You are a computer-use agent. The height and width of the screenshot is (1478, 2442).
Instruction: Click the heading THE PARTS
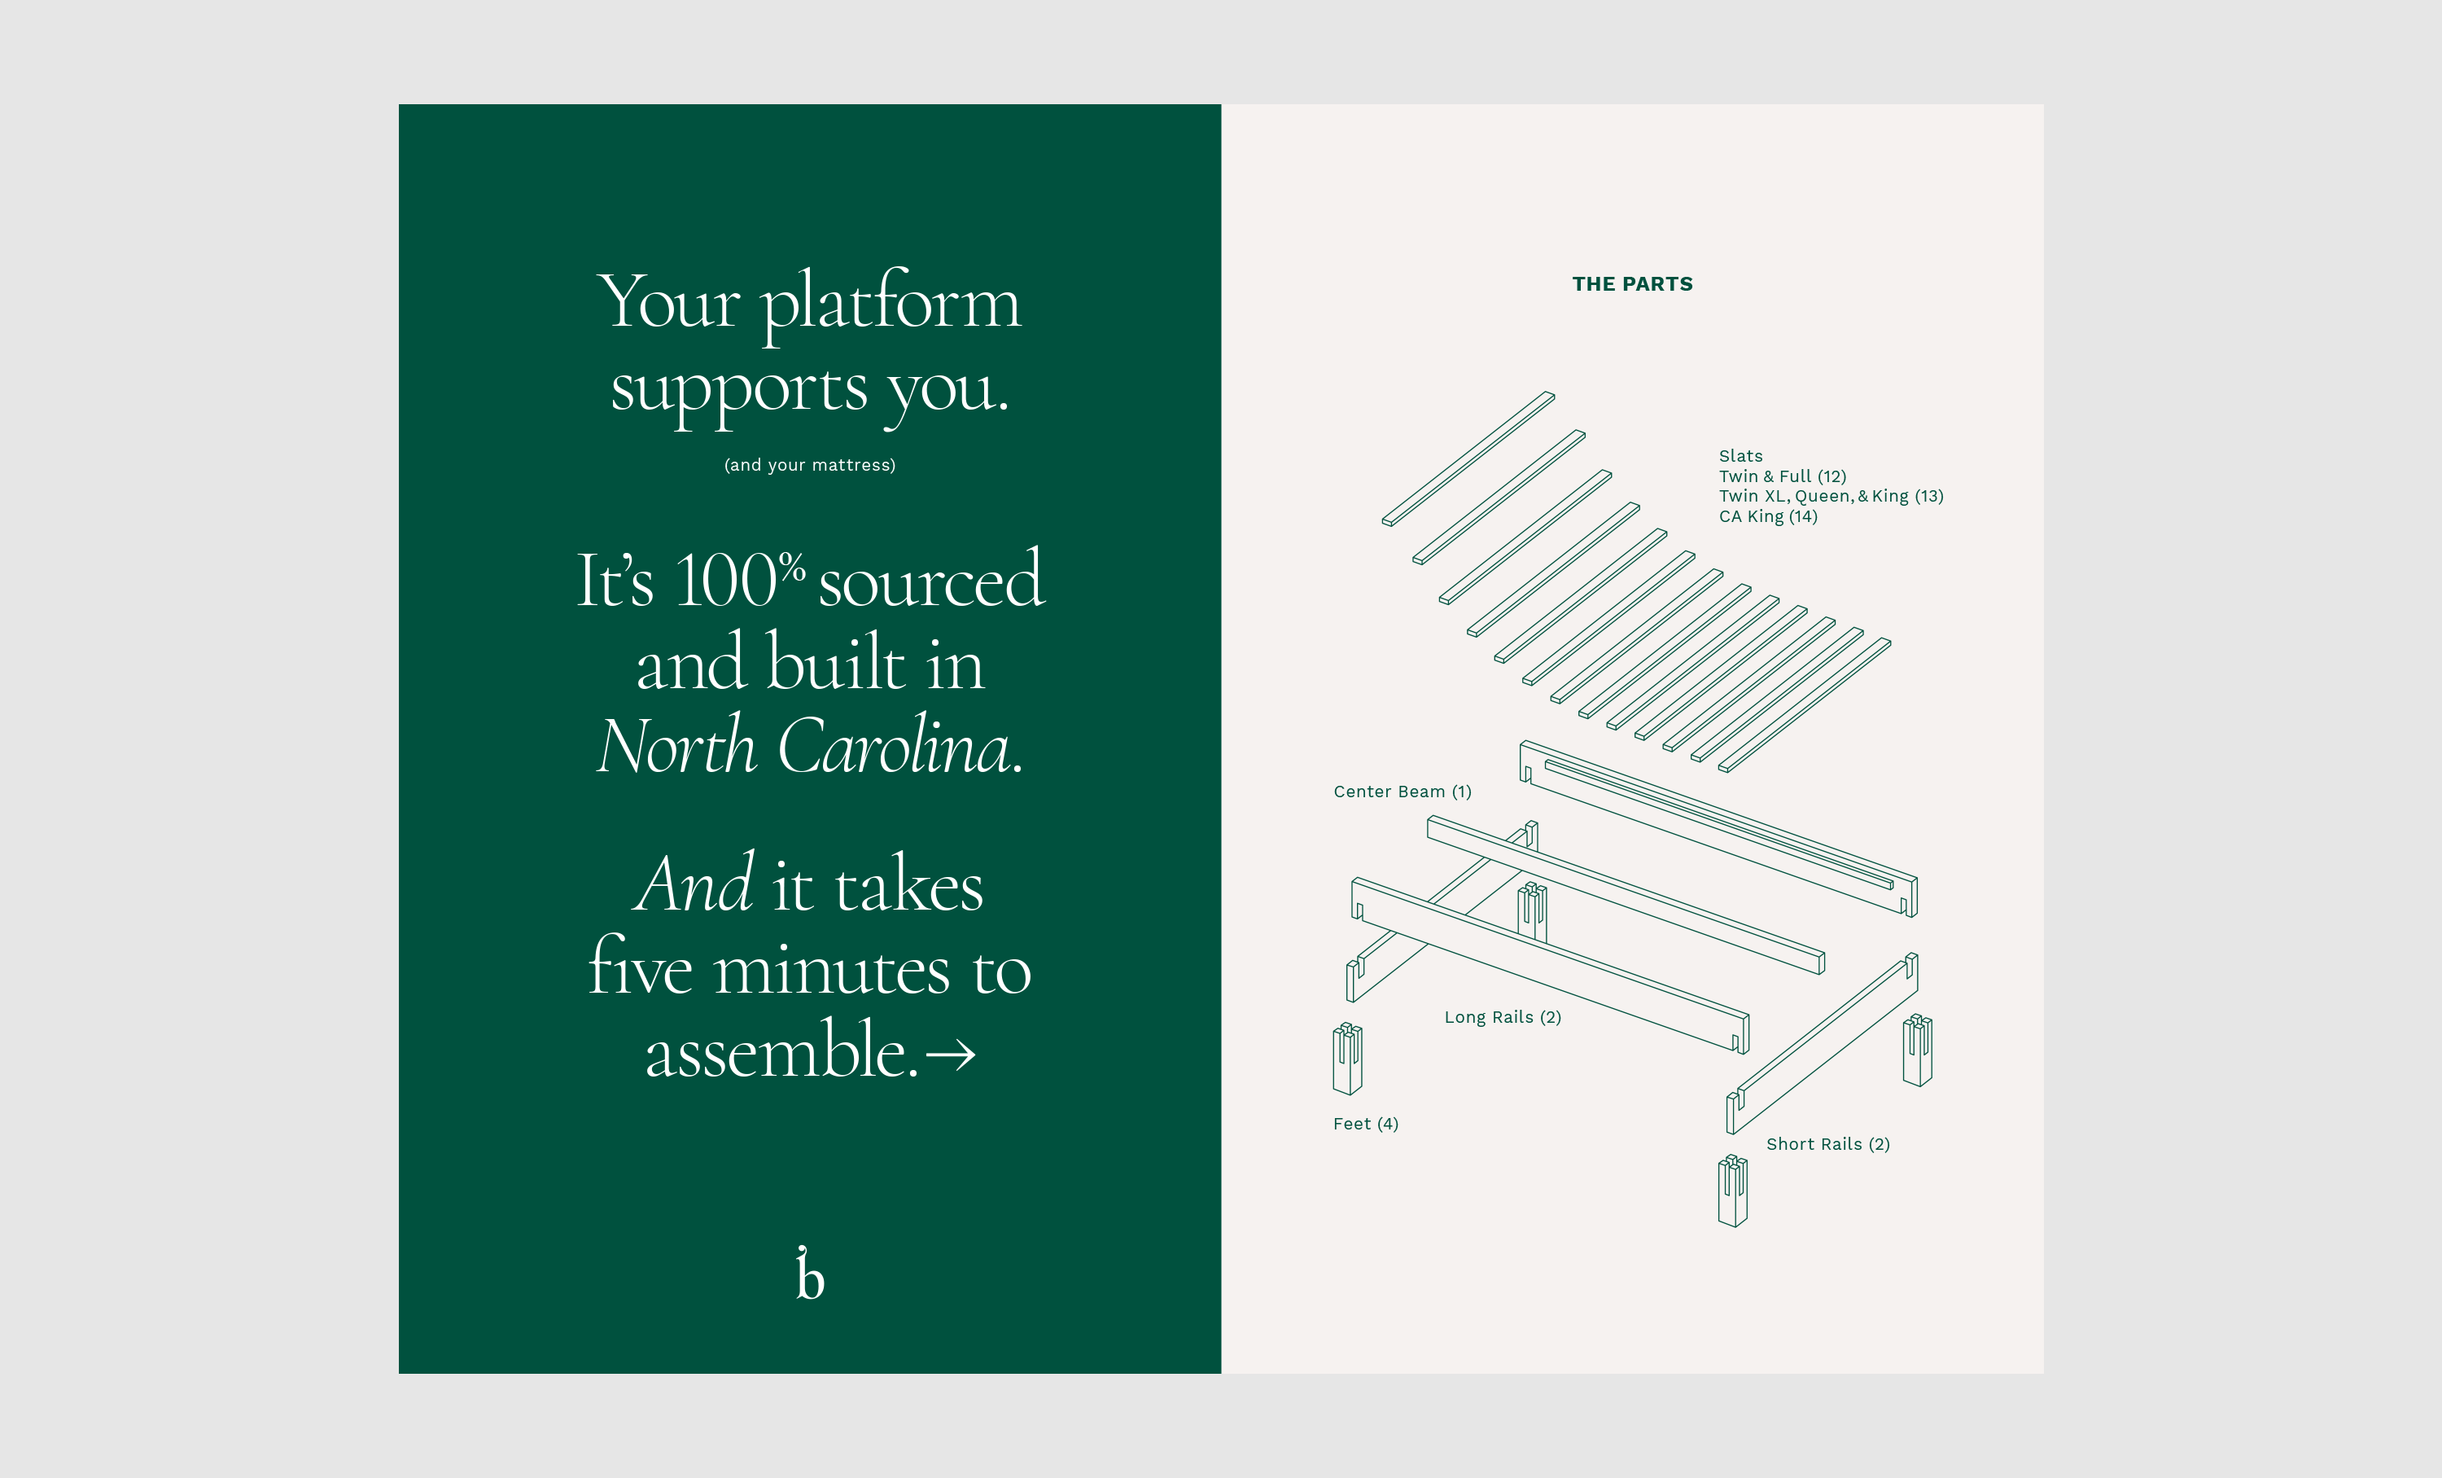(x=1632, y=284)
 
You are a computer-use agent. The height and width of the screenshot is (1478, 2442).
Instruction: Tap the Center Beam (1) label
(x=1403, y=791)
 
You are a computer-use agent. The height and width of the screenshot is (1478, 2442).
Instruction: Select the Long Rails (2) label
(x=1503, y=1017)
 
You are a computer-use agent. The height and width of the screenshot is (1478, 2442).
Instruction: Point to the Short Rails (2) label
(x=1827, y=1144)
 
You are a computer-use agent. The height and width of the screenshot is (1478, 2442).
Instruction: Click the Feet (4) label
(x=1366, y=1123)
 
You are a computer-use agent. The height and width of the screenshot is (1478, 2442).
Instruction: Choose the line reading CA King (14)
(x=1768, y=516)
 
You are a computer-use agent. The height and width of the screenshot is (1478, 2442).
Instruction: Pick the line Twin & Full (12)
(x=1782, y=477)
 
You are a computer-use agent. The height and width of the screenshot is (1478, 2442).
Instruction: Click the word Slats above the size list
(x=1740, y=456)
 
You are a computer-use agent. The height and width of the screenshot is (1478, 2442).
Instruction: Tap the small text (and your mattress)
(x=810, y=465)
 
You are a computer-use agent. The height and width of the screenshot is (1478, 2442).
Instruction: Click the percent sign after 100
(x=792, y=569)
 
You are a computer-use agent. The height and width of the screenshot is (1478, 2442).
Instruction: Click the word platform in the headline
(x=890, y=303)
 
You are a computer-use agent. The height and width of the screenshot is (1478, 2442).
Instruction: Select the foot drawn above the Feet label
(x=1347, y=1059)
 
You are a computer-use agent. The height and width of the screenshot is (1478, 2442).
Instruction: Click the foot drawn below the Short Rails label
(x=1732, y=1191)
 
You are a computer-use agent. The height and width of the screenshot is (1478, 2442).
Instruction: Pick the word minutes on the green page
(x=832, y=968)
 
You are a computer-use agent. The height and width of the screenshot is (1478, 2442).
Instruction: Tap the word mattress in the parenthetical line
(x=851, y=465)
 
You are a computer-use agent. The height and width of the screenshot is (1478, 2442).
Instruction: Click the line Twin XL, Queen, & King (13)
(x=1831, y=497)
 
